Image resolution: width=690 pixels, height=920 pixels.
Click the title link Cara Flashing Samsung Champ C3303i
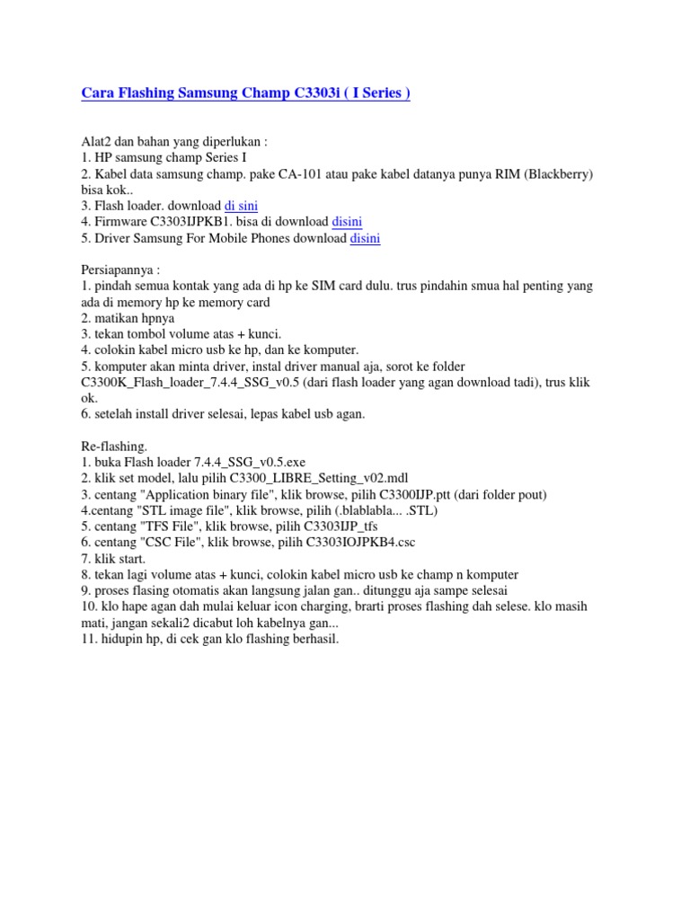point(245,93)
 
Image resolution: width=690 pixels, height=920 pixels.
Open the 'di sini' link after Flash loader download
point(241,206)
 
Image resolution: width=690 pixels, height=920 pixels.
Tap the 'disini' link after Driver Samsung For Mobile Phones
point(365,238)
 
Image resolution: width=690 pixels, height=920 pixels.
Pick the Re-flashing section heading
point(114,447)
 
